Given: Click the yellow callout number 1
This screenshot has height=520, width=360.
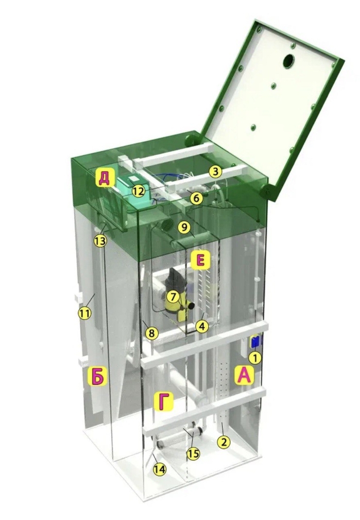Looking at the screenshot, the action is coord(255,358).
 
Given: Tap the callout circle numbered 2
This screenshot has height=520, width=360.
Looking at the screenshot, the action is coord(224,442).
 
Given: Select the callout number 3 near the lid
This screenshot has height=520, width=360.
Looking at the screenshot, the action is coord(216,172).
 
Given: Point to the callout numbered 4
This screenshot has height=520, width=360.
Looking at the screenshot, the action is coord(202,327).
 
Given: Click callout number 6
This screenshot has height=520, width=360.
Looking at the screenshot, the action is coord(196,198).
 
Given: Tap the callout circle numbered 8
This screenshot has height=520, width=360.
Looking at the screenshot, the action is coord(151,333).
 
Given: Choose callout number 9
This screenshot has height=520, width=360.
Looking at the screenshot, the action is coord(184,228).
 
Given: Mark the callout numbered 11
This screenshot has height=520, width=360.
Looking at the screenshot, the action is coord(84,314).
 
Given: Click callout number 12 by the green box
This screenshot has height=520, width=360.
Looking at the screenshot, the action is coord(139,191).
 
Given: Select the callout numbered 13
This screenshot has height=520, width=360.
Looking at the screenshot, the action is coord(100,241).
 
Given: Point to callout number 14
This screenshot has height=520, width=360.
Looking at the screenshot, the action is coord(159,469).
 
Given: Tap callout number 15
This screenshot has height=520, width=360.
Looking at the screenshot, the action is coord(194,453).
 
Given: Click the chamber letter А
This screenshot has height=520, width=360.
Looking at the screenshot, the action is coord(245,375).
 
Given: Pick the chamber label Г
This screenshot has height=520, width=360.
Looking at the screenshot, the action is coord(164,402).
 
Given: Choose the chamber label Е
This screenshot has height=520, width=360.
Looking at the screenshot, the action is coord(200,259).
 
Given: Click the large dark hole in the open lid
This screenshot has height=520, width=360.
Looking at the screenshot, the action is coord(288,61).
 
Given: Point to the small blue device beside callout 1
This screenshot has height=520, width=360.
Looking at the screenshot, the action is coord(255,342).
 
